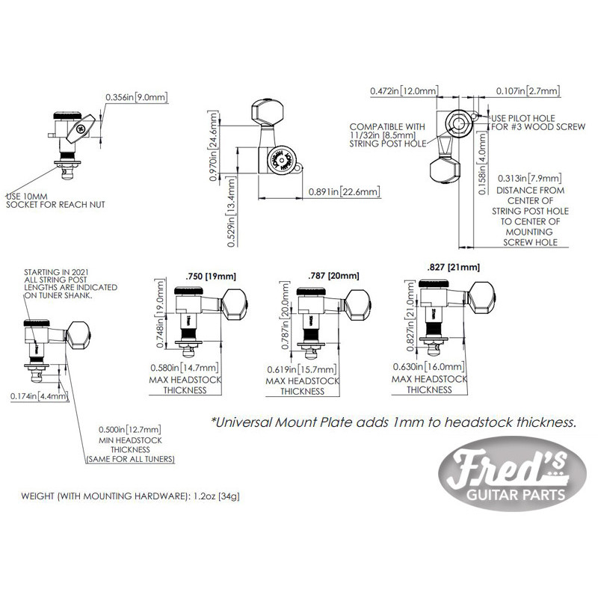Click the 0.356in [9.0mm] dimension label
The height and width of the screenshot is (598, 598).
pos(137,97)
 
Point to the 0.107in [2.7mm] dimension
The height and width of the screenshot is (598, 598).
pos(528,90)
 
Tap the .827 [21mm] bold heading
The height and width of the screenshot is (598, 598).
pos(452,267)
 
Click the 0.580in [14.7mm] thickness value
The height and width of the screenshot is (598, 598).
pos(184,368)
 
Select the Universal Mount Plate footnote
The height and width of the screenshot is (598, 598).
pos(394,422)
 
